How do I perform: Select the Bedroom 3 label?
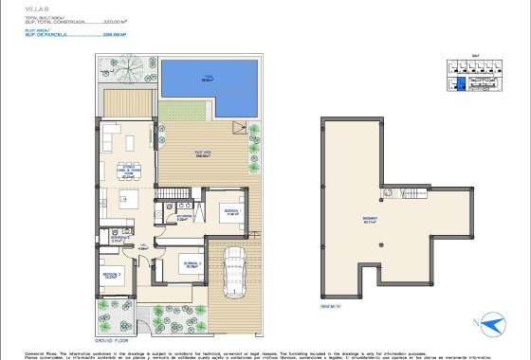pyautogui.click(x=190, y=264)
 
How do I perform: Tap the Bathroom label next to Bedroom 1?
pyautogui.click(x=184, y=218)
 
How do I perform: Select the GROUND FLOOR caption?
pyautogui.click(x=112, y=338)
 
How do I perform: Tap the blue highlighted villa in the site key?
pyautogui.click(x=462, y=84)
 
